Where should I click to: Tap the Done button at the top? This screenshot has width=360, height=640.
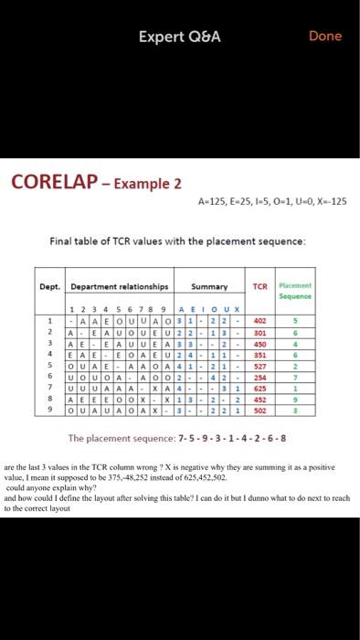[x=325, y=37]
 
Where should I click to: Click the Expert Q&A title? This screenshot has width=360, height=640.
[x=180, y=37]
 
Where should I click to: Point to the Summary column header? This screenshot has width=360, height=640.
[x=211, y=286]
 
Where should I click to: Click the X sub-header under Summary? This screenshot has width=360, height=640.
[x=237, y=308]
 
